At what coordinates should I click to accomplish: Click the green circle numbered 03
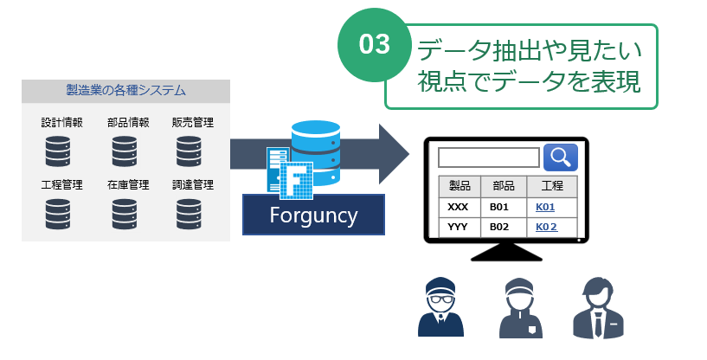point(375,45)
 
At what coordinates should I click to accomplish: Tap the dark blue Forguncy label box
point(313,214)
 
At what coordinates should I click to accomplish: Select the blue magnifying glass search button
point(560,157)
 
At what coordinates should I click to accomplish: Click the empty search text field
point(488,157)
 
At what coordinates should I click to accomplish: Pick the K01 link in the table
point(545,208)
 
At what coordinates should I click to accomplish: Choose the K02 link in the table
point(545,227)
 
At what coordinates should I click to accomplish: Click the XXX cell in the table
point(459,208)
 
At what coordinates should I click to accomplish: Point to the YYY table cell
point(459,227)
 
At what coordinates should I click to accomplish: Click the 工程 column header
point(550,186)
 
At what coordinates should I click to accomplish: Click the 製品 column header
point(460,186)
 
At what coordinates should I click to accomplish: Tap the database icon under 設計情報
point(58,150)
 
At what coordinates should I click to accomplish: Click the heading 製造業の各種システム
point(125,90)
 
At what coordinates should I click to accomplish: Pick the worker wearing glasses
point(441,307)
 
